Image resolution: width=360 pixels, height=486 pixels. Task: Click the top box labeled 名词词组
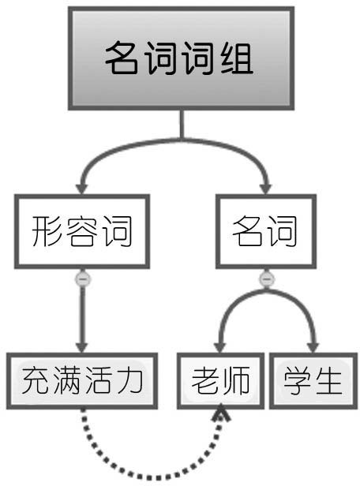tap(181, 58)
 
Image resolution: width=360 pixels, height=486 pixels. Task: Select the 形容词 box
tap(82, 231)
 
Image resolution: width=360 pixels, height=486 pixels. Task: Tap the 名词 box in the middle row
tap(266, 231)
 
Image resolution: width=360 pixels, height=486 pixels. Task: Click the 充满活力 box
tap(82, 381)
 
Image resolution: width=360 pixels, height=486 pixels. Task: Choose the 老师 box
tap(221, 381)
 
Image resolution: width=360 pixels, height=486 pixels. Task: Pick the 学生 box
tap(313, 381)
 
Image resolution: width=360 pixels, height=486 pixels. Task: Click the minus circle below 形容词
tap(82, 279)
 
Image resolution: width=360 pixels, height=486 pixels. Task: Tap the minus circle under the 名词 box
tap(266, 279)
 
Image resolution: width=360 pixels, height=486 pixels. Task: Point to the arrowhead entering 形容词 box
tap(82, 189)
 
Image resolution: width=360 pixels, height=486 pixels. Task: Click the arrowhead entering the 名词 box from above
tap(265, 189)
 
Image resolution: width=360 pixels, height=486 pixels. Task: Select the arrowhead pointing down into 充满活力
tap(82, 347)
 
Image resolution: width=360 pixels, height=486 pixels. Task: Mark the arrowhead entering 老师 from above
tap(219, 347)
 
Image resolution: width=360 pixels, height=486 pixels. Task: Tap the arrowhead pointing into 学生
tap(313, 347)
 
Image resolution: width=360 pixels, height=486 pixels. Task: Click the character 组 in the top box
tap(237, 58)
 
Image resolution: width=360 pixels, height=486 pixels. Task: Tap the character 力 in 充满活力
tap(130, 380)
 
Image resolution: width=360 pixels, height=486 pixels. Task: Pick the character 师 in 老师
tap(236, 380)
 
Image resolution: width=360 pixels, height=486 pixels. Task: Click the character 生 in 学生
tap(328, 380)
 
